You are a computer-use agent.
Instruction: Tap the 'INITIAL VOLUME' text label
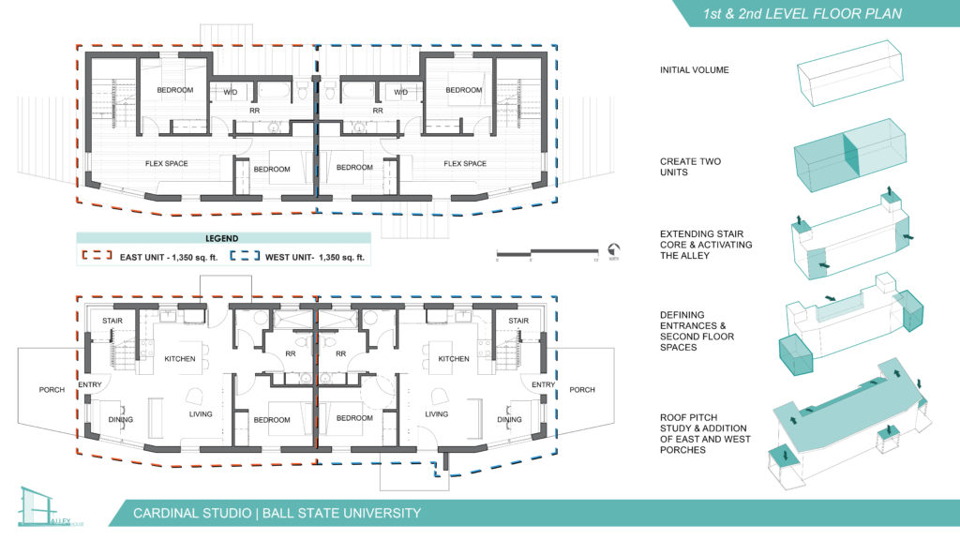(x=694, y=70)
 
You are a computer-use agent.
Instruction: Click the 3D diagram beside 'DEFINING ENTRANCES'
(x=851, y=324)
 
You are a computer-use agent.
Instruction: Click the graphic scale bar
(x=547, y=252)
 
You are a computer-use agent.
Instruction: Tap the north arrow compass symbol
(x=613, y=250)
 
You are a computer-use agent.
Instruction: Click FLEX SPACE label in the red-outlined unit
(x=166, y=164)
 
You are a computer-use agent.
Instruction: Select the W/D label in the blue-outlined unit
(x=401, y=92)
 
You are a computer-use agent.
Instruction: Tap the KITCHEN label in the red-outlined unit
(x=179, y=359)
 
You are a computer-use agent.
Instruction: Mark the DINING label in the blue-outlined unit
(x=509, y=419)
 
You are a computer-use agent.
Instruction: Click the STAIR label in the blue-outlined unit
(x=517, y=321)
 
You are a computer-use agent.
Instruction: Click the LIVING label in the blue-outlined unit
(x=436, y=413)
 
